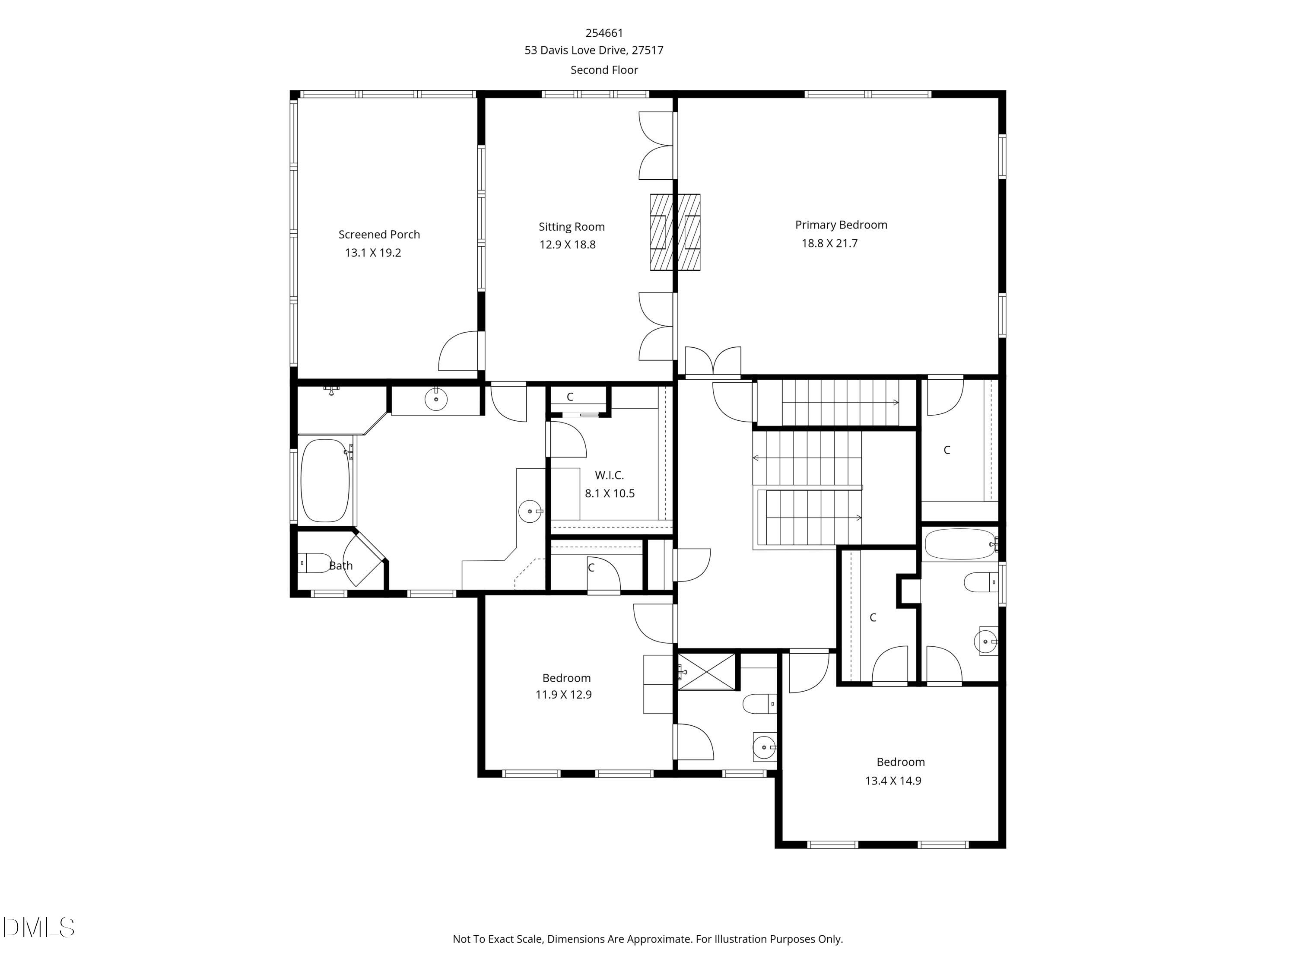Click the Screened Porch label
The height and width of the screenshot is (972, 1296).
click(379, 234)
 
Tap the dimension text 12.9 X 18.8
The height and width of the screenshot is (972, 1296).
click(567, 245)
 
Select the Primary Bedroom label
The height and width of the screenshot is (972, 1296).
click(841, 225)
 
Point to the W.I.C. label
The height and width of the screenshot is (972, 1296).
click(609, 475)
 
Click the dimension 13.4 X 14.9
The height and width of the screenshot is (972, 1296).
click(893, 781)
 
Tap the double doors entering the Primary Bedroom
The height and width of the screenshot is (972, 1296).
click(712, 361)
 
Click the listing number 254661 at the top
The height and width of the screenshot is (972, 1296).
click(604, 33)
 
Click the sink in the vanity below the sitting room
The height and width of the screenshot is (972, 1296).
click(436, 399)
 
